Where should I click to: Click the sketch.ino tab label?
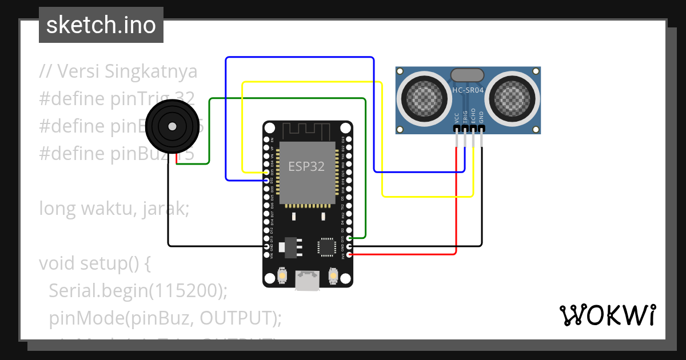click(101, 25)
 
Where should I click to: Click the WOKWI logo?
click(607, 315)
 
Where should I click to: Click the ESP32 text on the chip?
click(306, 167)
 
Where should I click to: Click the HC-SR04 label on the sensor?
click(468, 90)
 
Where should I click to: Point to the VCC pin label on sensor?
click(456, 118)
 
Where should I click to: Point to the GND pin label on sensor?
click(481, 118)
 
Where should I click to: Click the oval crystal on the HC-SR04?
click(468, 75)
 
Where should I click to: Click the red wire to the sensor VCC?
click(456, 200)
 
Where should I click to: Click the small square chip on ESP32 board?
click(327, 247)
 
